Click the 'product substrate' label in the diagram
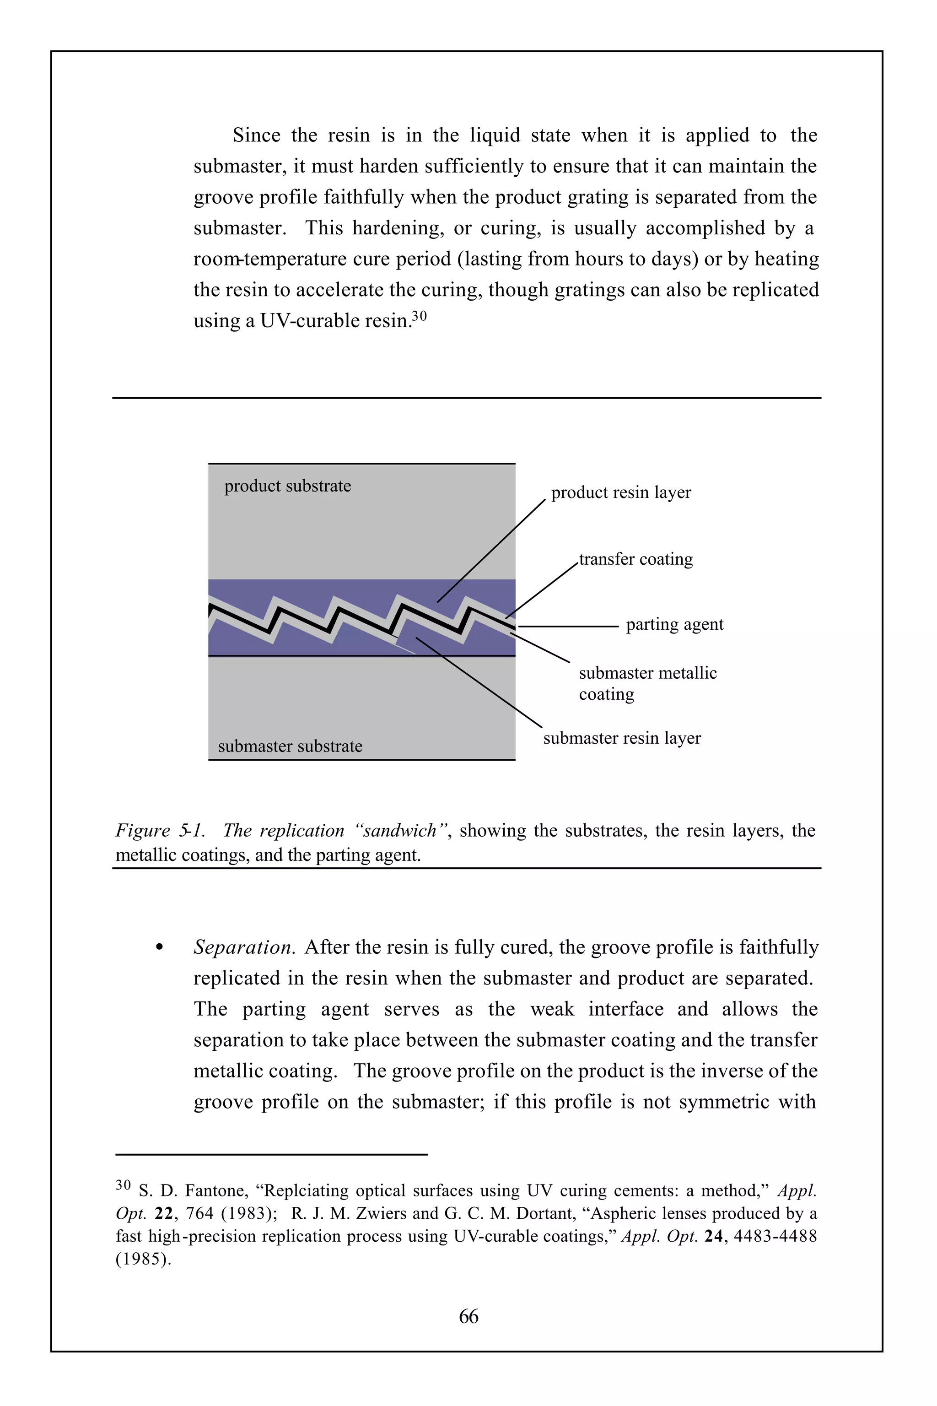coord(287,486)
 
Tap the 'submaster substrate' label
coord(290,746)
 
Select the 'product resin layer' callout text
coord(621,492)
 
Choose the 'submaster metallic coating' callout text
coord(647,683)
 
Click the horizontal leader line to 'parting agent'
coord(568,627)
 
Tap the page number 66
coord(468,1316)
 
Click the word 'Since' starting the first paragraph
coord(256,135)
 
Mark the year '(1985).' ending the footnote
coord(143,1259)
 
